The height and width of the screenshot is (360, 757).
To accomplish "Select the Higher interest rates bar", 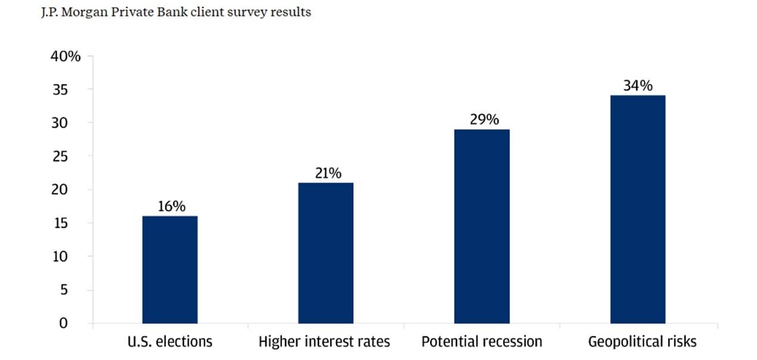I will point(326,253).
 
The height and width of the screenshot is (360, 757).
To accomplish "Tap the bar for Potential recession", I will point(481,226).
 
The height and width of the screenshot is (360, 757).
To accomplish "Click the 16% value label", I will point(171,206).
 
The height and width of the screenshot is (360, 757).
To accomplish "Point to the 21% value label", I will point(327,173).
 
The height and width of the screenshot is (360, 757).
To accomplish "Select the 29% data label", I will point(483,120).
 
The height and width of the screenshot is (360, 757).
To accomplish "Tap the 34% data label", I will point(638,86).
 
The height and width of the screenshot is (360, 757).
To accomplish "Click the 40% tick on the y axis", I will point(65,57).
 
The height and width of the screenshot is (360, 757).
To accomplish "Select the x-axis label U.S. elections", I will point(170,342).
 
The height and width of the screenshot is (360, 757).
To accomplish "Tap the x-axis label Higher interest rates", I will point(324,342).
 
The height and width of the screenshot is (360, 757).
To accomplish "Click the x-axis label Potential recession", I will point(481,342).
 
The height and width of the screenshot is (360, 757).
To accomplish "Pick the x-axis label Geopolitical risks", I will point(642,342).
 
